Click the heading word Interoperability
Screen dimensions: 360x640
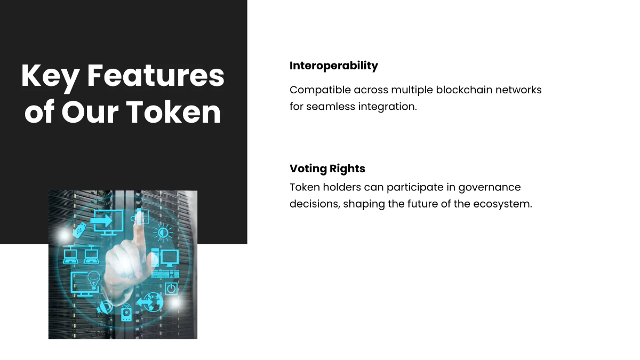coord(333,66)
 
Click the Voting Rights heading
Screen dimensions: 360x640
coord(327,169)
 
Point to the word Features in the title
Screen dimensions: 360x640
coord(156,76)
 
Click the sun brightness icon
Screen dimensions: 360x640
coord(163,233)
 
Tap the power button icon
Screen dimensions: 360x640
coord(171,289)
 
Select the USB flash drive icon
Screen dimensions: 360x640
coord(80,231)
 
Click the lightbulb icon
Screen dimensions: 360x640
coord(94,279)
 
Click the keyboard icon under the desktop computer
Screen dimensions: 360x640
coord(165,274)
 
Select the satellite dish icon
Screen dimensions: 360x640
coord(105,307)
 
